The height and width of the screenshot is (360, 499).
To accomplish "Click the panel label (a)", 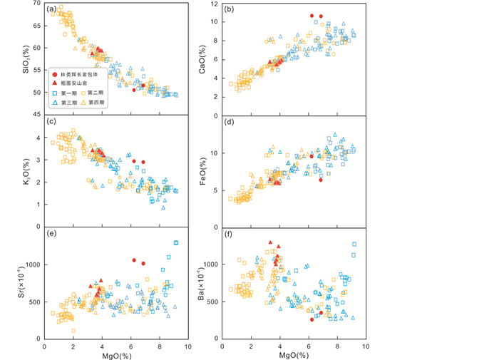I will coord(52,9).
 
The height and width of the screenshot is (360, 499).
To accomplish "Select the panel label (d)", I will coord(230,121).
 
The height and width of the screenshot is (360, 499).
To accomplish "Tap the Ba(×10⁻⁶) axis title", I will coord(202,282).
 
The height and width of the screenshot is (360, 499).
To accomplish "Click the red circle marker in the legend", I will coord(55,74).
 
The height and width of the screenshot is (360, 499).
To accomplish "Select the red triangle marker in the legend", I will coord(55,83).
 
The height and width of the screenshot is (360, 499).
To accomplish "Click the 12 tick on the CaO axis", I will coord(214,4).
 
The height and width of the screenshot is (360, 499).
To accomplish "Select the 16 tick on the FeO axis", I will coord(214,115).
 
